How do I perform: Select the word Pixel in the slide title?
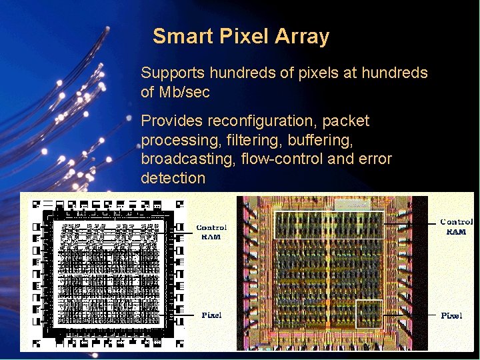tap(244, 36)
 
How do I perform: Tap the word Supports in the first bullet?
tap(173, 73)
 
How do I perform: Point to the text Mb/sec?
tap(185, 92)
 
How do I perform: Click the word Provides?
tap(171, 121)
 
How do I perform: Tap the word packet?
tap(347, 121)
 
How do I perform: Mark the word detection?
tap(173, 178)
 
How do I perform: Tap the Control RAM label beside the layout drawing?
tap(211, 232)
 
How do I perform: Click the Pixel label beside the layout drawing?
tap(211, 315)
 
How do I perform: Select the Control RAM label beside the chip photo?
tap(457, 226)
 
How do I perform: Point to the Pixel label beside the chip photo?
tap(451, 315)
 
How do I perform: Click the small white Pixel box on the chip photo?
tap(369, 314)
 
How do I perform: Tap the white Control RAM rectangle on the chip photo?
tap(329, 225)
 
